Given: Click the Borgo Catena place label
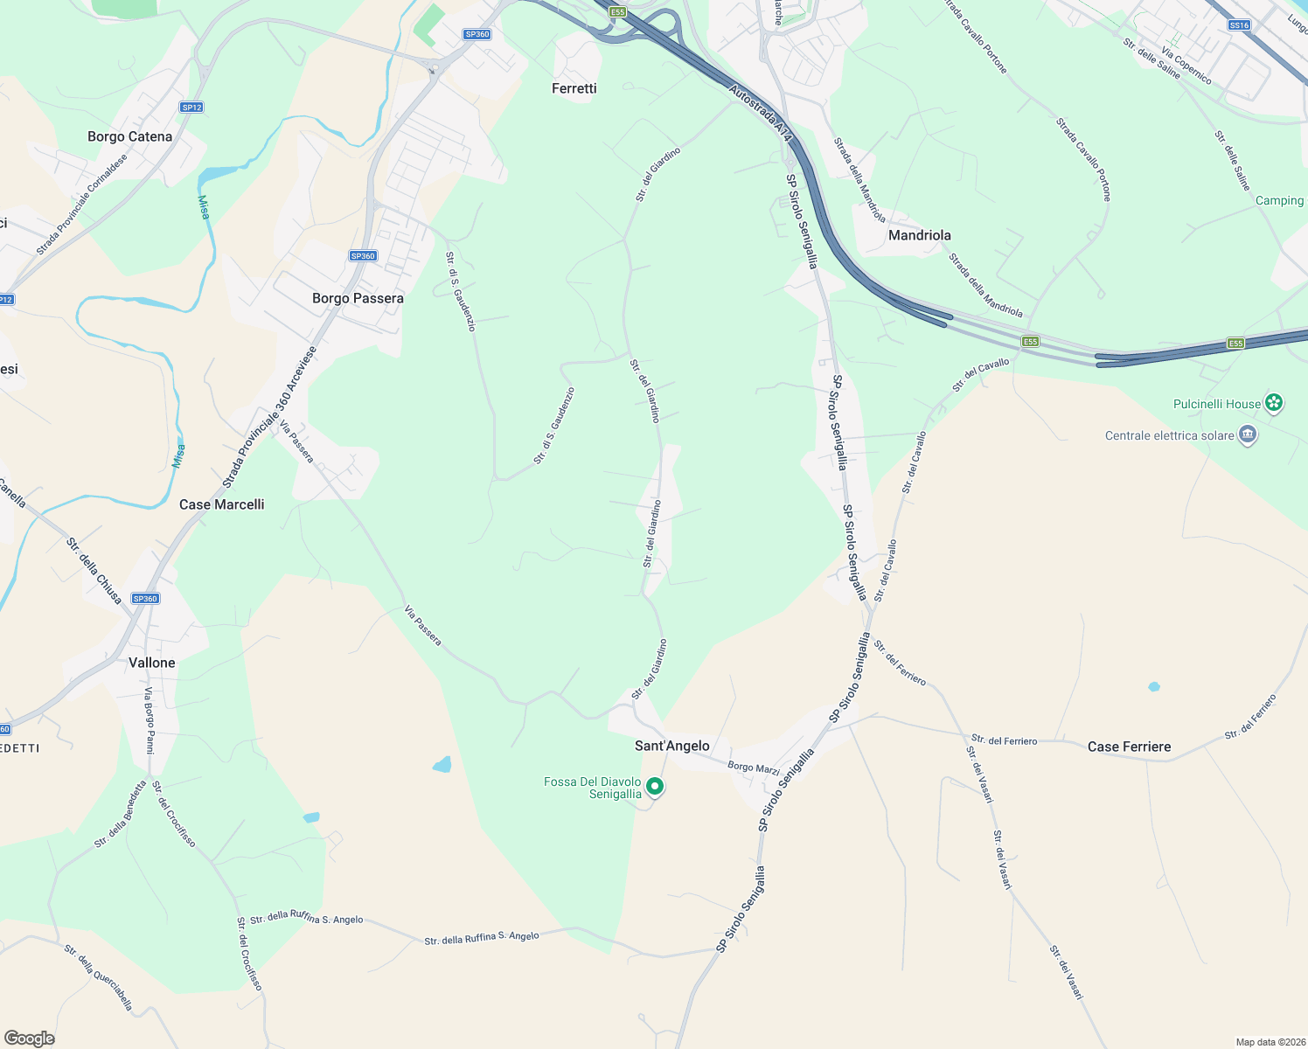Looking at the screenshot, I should pos(129,136).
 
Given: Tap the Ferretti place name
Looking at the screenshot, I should pos(574,88).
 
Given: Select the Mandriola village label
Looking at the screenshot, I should pos(919,235).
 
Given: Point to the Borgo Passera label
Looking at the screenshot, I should pos(358,298).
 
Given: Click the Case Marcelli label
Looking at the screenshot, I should pos(221,504).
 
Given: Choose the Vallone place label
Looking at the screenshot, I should pos(152,663).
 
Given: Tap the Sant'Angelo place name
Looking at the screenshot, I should pos(671,746).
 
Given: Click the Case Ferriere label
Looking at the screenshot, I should pos(1129,747).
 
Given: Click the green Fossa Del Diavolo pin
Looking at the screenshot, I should pos(654,788).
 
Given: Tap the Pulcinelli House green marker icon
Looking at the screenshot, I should pos(1275,403).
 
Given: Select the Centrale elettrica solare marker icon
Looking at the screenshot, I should pos(1248,434).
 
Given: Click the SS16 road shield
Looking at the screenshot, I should pos(1239,25).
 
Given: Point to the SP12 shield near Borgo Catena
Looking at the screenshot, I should pos(191,108).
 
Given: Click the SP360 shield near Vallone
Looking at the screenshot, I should pos(145,599).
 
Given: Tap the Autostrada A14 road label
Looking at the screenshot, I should pos(761,113).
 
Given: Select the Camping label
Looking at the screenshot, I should pos(1279,200).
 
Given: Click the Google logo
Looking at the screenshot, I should pos(30,1038).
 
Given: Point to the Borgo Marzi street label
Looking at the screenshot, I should pos(753,768).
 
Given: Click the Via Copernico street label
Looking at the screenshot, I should pos(1186,66).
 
